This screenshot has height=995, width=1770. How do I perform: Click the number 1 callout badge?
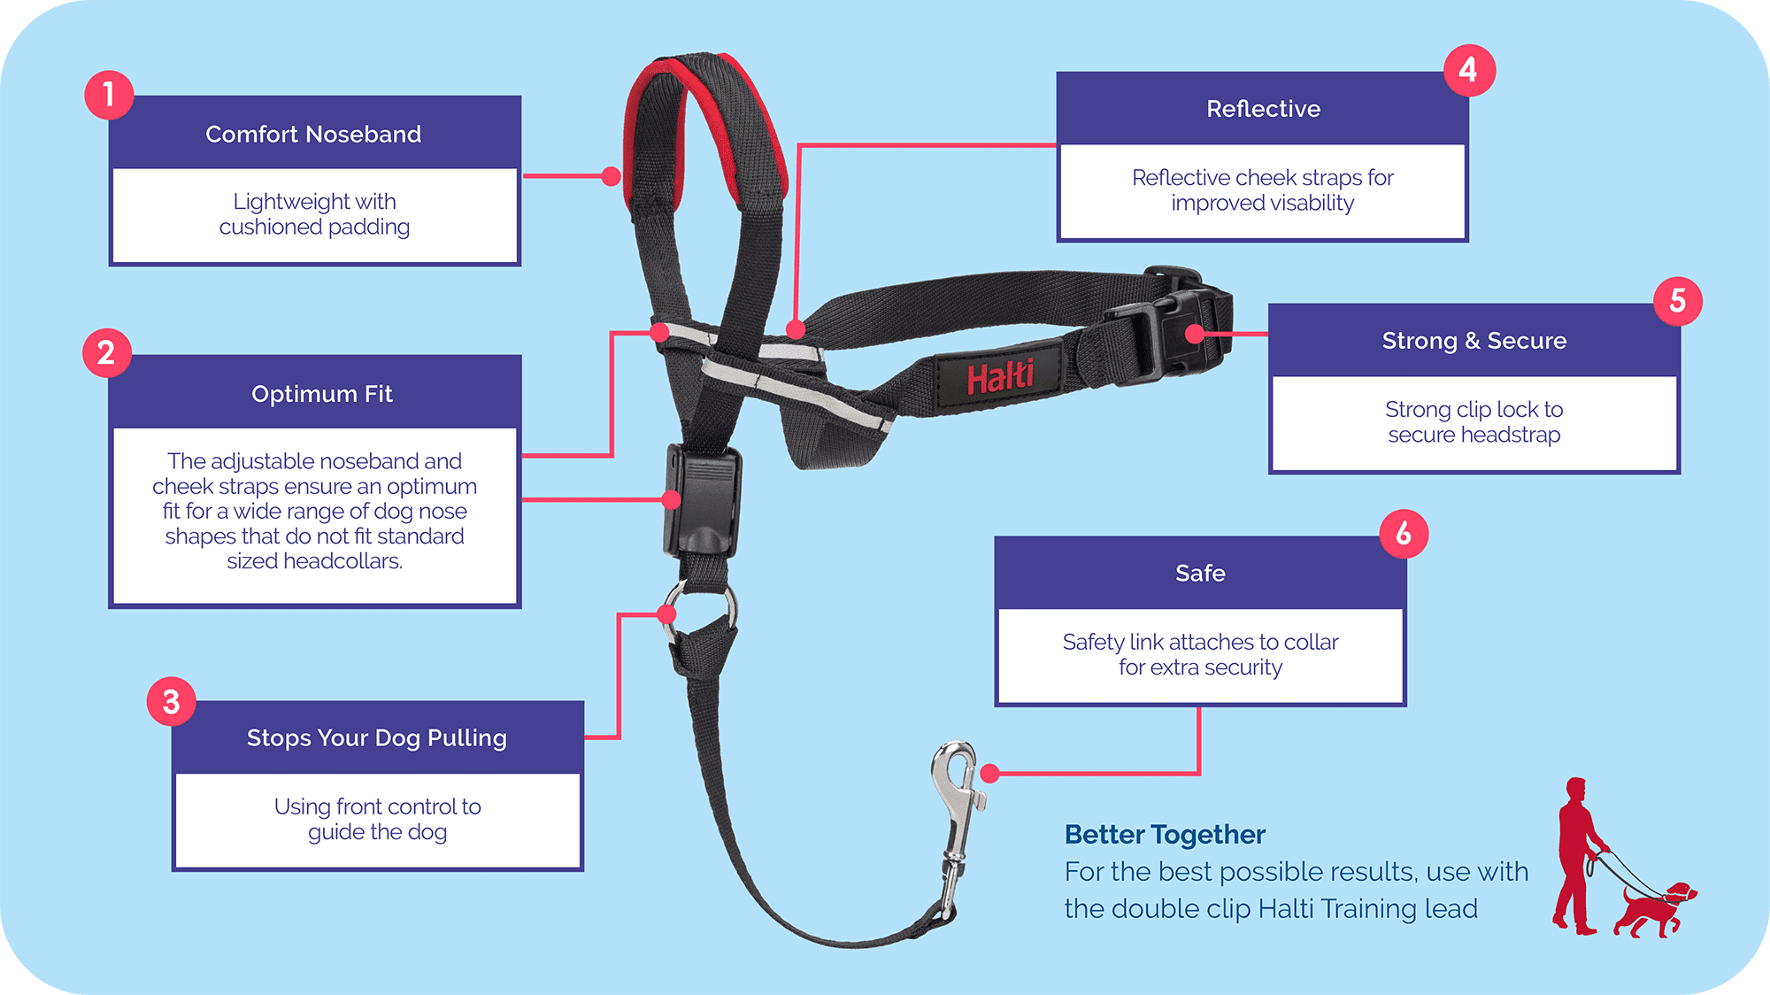(x=109, y=95)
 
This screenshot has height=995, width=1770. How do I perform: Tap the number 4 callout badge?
(x=1469, y=70)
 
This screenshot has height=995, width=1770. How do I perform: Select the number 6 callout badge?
(x=1404, y=534)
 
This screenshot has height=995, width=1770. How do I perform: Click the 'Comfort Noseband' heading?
(x=313, y=135)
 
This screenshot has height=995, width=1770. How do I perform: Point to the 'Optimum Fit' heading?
(x=321, y=394)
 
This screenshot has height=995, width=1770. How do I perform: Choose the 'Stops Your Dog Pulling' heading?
(x=377, y=738)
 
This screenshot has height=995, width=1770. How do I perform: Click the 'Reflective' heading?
(x=1263, y=109)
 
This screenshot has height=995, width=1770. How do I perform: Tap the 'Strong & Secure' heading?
(x=1474, y=341)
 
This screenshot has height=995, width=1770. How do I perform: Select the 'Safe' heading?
(x=1200, y=574)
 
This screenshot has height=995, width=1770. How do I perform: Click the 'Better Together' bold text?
(x=1165, y=835)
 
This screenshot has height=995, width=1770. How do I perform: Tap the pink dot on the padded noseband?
(x=611, y=176)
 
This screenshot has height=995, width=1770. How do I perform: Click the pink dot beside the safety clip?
(x=990, y=774)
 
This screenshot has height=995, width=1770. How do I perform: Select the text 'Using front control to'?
(x=377, y=806)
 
